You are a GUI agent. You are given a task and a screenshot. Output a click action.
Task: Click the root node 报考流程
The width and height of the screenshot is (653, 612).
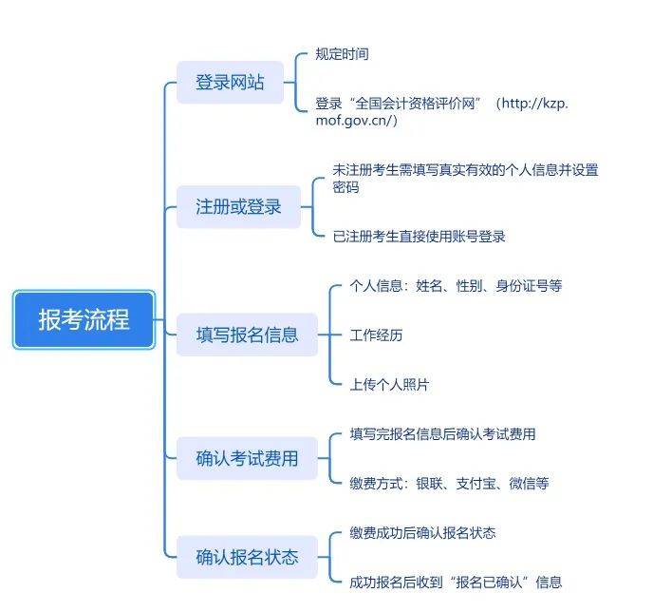point(84,319)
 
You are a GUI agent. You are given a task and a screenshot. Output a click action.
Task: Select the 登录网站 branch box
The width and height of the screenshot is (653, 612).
point(230,83)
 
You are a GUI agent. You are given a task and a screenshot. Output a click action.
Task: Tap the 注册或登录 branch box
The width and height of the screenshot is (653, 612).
point(238,206)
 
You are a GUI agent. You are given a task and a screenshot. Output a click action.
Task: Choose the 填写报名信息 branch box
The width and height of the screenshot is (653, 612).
point(247,335)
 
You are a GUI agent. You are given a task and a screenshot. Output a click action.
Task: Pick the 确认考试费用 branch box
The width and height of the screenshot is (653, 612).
point(247,458)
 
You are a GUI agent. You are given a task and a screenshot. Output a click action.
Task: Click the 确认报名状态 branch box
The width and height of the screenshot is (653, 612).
point(247,557)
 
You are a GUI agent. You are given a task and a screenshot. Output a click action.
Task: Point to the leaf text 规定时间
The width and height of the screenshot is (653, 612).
point(342,54)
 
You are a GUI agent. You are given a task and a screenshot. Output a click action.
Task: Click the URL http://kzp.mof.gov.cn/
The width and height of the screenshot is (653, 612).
point(446,112)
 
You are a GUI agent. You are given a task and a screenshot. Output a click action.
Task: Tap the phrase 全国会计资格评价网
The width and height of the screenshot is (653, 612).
point(416,103)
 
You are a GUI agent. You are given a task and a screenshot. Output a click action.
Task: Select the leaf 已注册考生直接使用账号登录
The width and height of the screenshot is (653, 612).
point(419,237)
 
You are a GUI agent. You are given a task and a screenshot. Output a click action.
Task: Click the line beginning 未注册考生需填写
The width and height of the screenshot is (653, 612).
point(465,170)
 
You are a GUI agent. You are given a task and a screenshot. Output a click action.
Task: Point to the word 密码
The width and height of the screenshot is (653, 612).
point(345,188)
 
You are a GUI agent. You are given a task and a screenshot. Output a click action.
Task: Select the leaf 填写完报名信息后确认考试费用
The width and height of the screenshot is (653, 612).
point(442,434)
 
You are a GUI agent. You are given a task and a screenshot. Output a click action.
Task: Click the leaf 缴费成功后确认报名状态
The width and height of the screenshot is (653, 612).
point(422,532)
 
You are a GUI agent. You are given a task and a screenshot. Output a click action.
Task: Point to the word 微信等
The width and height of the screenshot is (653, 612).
point(529,484)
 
